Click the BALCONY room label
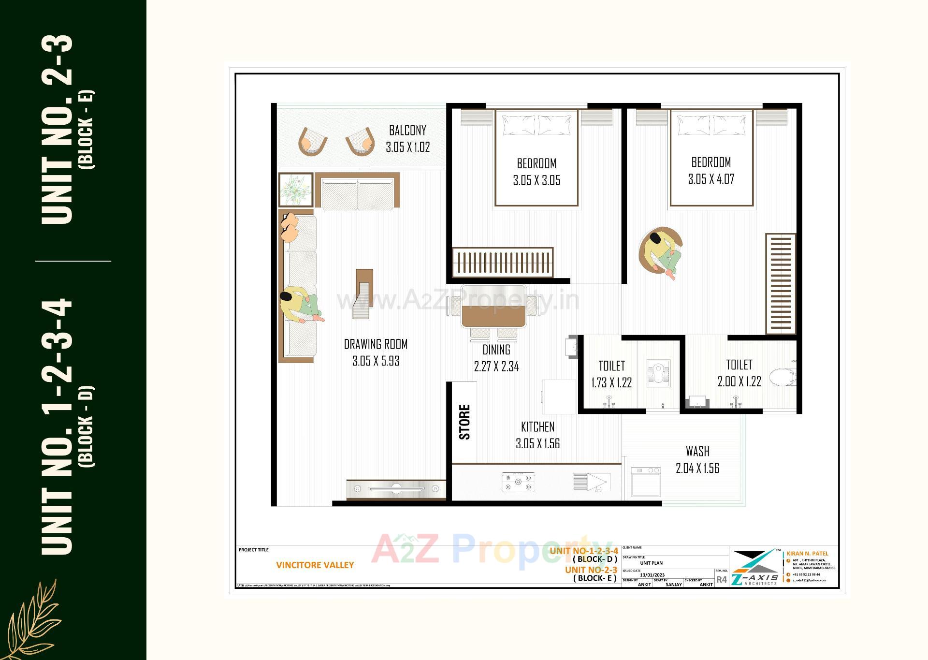pyautogui.click(x=407, y=131)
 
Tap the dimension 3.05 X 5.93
pyautogui.click(x=376, y=361)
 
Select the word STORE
pyautogui.click(x=464, y=422)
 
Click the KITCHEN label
pyautogui.click(x=537, y=427)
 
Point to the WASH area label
pyautogui.click(x=697, y=452)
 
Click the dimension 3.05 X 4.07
pyautogui.click(x=711, y=179)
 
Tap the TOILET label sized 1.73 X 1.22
pyautogui.click(x=611, y=366)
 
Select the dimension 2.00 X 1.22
pyautogui.click(x=739, y=382)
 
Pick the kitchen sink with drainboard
pyautogui.click(x=591, y=482)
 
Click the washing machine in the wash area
pyautogui.click(x=646, y=481)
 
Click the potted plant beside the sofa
pyautogui.click(x=295, y=190)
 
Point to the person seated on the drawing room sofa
pyautogui.click(x=300, y=305)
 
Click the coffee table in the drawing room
pyautogui.click(x=363, y=293)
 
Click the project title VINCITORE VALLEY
pyautogui.click(x=315, y=565)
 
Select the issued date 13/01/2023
pyautogui.click(x=652, y=575)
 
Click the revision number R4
pyautogui.click(x=721, y=579)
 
